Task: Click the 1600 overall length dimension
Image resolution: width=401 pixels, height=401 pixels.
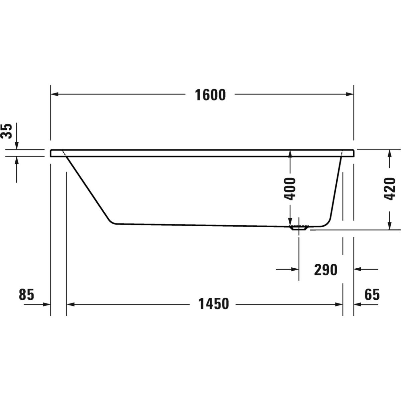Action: pyautogui.click(x=210, y=95)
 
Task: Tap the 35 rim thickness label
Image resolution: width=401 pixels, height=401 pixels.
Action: pyautogui.click(x=6, y=131)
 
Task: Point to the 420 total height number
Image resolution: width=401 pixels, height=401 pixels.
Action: pyautogui.click(x=389, y=189)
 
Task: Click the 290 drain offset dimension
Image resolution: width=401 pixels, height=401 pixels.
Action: pyautogui.click(x=326, y=270)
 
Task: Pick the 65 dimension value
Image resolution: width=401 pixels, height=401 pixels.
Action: pyautogui.click(x=372, y=295)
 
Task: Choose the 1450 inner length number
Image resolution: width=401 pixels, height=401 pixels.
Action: pyautogui.click(x=214, y=304)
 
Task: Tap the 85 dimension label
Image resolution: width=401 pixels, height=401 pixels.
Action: pyautogui.click(x=26, y=295)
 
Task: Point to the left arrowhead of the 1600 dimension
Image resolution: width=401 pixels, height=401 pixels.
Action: pyautogui.click(x=54, y=94)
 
